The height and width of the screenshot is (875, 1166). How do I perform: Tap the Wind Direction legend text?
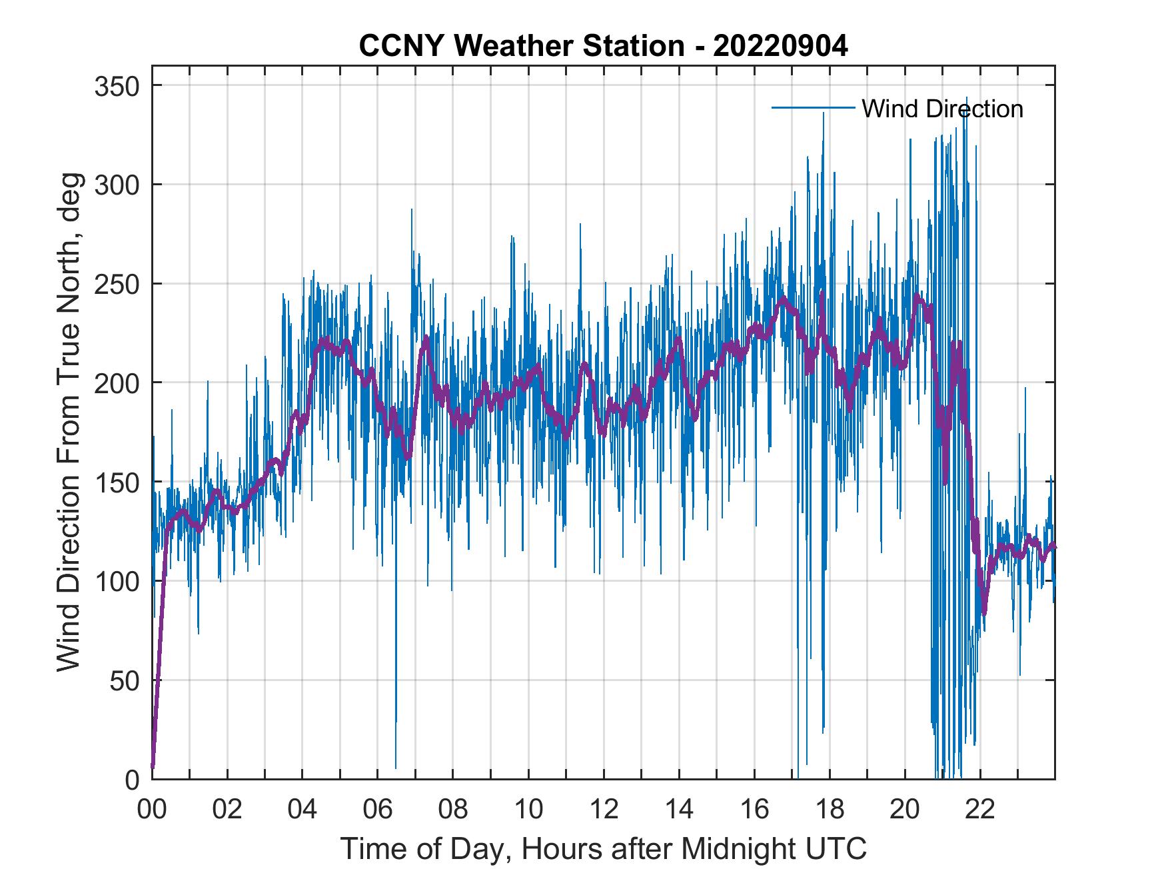coord(942,109)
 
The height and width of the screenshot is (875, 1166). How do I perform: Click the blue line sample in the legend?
coord(813,108)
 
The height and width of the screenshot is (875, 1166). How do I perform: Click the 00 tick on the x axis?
coord(152,810)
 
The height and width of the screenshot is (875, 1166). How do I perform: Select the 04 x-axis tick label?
coord(302,810)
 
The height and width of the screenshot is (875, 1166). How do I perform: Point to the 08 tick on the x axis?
coord(453,810)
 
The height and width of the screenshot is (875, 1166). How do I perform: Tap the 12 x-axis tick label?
coord(604,810)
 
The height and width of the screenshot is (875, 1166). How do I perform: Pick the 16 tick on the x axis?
coord(754,810)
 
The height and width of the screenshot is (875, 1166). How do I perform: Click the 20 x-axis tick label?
coord(905,810)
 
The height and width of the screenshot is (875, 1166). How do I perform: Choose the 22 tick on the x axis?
coord(980,810)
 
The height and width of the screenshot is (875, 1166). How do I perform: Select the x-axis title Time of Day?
coord(604,848)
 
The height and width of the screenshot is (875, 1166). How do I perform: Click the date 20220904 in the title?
coord(780,47)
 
